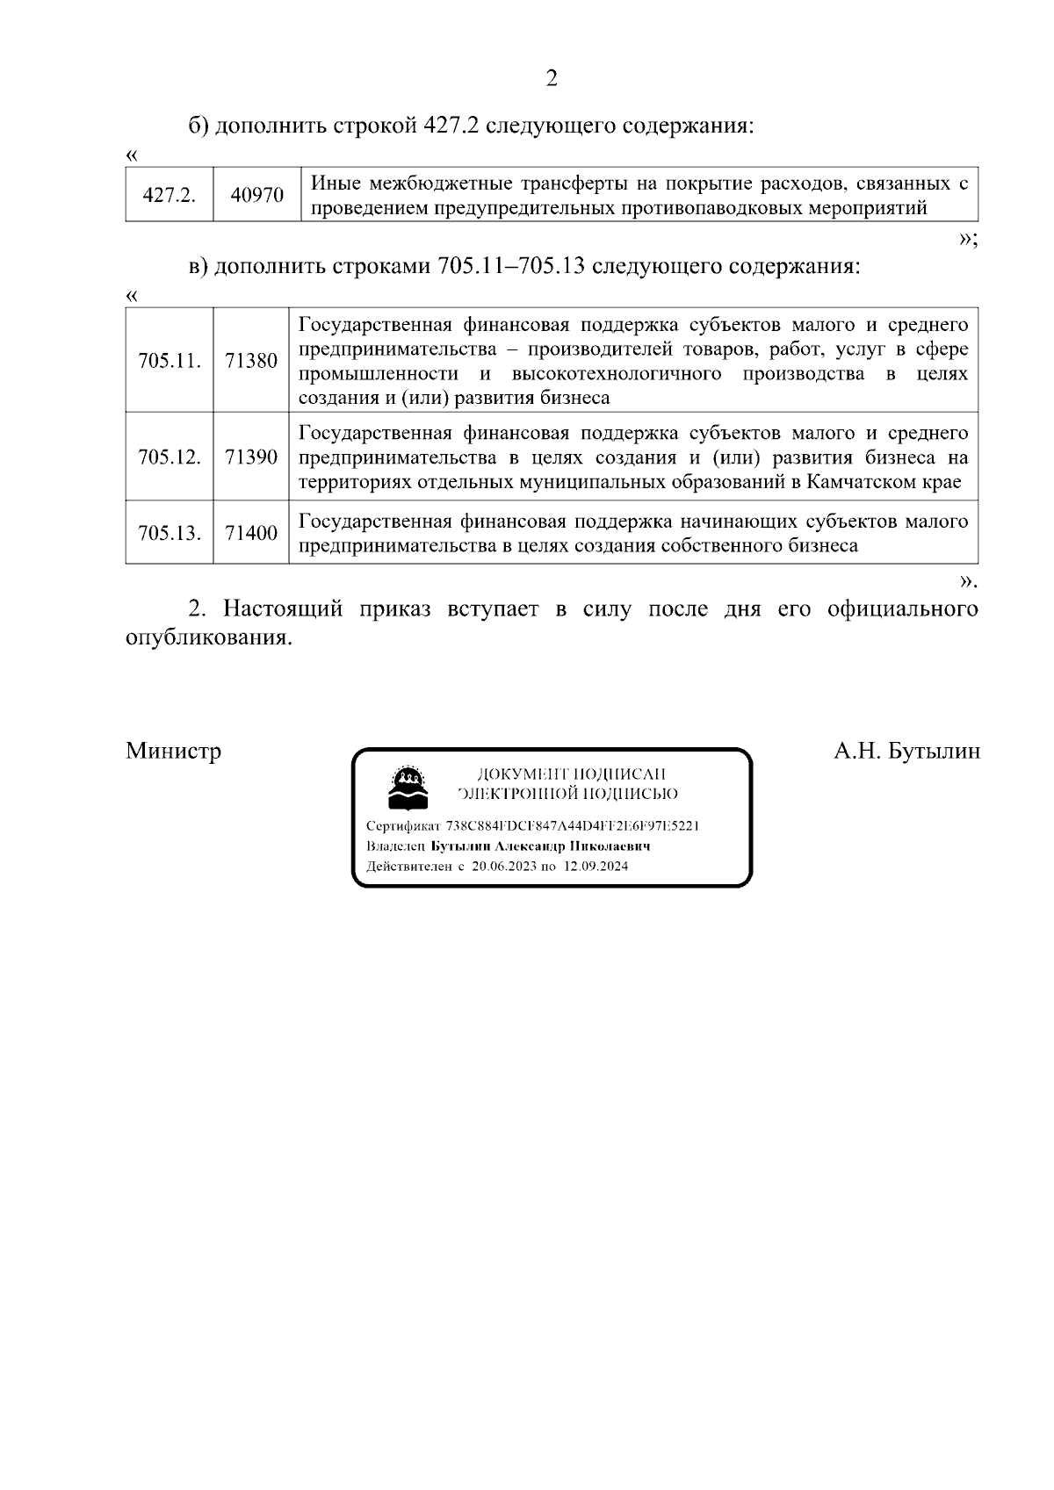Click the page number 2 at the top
click(552, 79)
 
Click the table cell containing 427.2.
click(169, 195)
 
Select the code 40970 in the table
click(256, 195)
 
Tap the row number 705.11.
click(170, 361)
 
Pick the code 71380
click(251, 361)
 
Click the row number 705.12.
click(170, 457)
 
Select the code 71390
click(251, 457)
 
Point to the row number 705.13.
click(170, 533)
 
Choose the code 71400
click(251, 533)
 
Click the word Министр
click(173, 752)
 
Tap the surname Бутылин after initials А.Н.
click(934, 752)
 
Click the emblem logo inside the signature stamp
click(408, 788)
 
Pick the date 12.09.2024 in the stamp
click(596, 866)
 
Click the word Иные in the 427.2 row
click(336, 184)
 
